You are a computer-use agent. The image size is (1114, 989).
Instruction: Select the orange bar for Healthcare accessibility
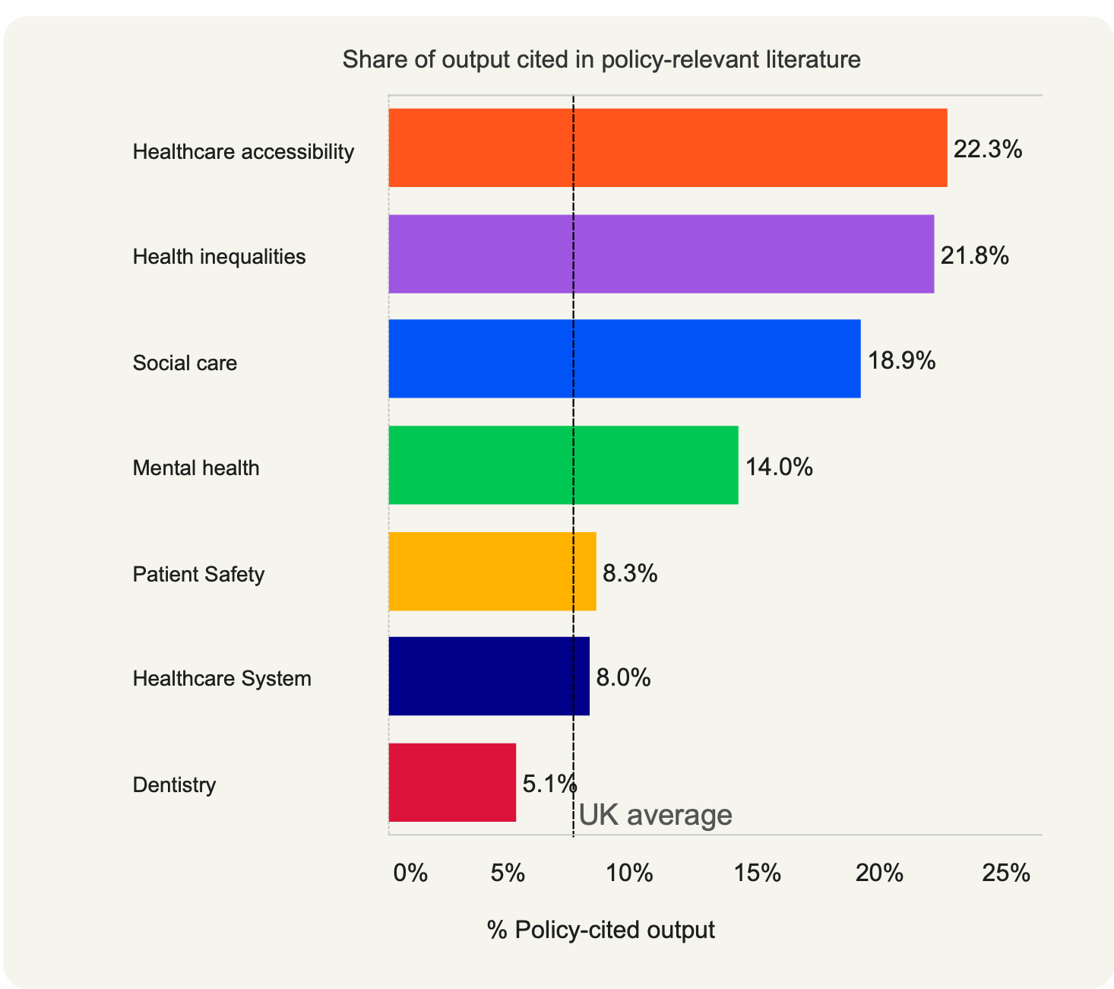[x=667, y=147]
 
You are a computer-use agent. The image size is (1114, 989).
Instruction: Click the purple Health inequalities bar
[x=661, y=254]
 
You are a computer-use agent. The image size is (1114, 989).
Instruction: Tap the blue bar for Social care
[x=624, y=359]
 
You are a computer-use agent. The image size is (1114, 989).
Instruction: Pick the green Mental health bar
[x=563, y=465]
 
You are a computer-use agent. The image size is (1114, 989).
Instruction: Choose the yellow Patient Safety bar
[x=492, y=571]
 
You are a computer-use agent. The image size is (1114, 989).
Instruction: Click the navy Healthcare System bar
[x=489, y=676]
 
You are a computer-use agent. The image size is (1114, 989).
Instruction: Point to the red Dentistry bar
[x=452, y=782]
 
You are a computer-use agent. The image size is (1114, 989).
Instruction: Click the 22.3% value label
[x=987, y=149]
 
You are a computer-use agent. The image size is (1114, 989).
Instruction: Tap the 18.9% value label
[x=901, y=360]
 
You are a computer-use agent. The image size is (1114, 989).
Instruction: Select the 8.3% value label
[x=629, y=572]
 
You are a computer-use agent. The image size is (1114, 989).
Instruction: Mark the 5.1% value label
[x=549, y=783]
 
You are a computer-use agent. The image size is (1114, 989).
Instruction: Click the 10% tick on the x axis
[x=629, y=873]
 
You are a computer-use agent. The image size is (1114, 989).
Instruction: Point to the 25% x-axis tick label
[x=1005, y=873]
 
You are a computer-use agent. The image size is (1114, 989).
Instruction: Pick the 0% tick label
[x=410, y=873]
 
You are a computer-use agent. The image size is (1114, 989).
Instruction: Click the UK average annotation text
[x=655, y=815]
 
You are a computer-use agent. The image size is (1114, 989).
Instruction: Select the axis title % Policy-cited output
[x=600, y=930]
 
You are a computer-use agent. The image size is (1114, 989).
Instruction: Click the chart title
[x=601, y=59]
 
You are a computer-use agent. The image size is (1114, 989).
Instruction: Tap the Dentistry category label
[x=174, y=785]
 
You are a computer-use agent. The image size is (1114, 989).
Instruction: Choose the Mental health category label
[x=196, y=468]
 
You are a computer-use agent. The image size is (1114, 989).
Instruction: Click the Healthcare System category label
[x=222, y=678]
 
